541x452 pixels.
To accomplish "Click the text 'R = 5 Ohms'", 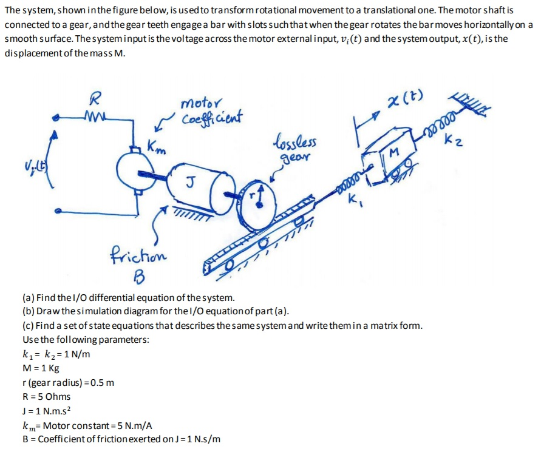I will tap(46, 396).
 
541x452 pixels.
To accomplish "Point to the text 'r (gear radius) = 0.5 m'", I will tap(68, 382).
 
